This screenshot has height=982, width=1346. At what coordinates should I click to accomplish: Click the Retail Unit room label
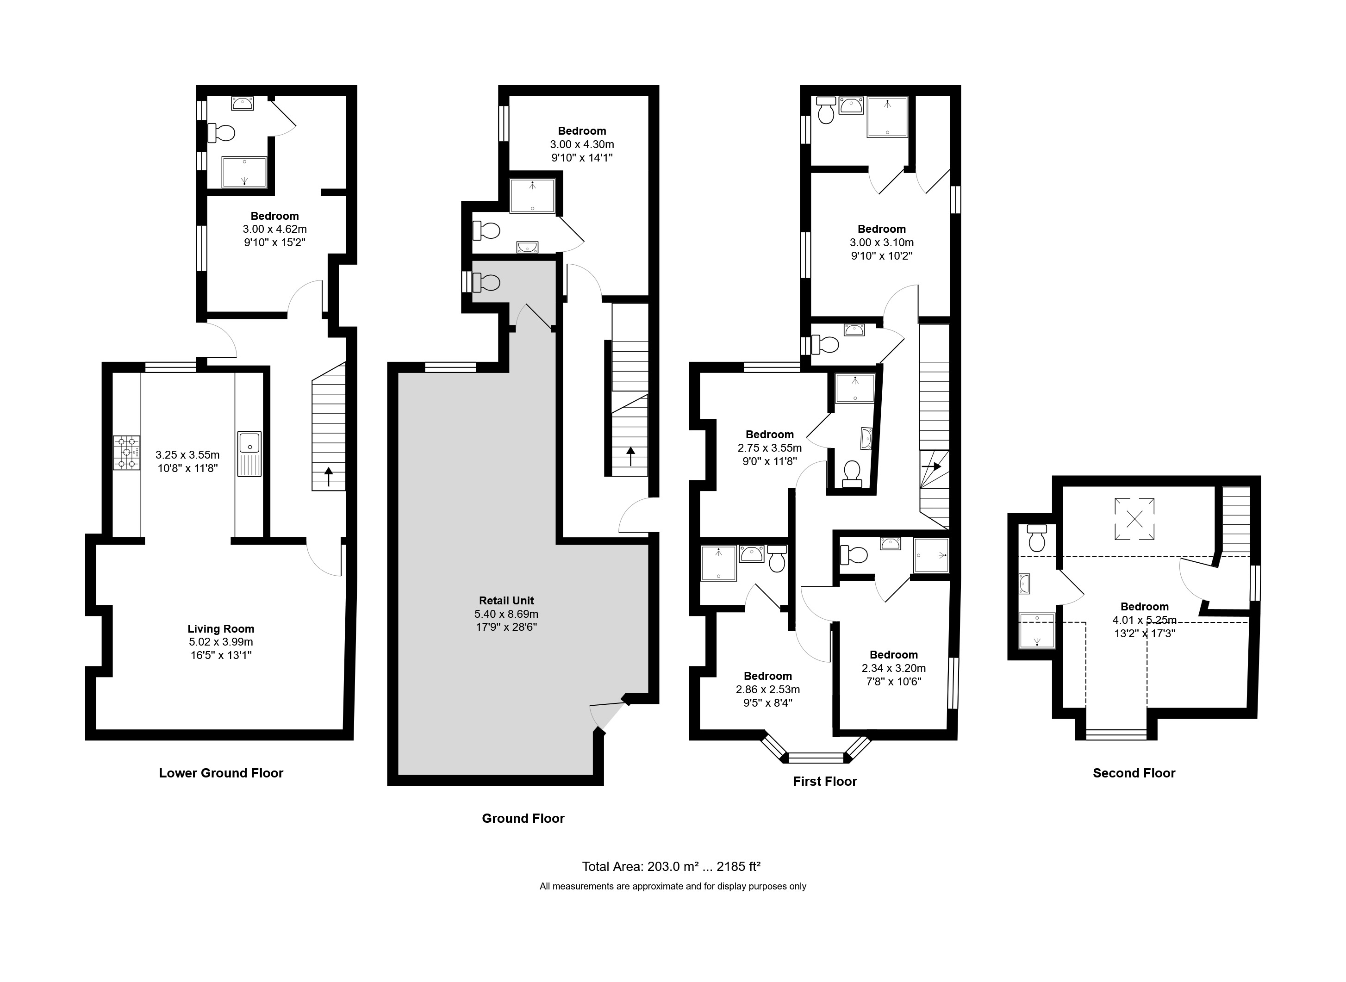coord(506,600)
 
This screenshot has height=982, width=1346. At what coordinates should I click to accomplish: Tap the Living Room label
coord(221,628)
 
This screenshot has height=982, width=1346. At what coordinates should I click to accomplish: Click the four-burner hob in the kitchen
coord(127,453)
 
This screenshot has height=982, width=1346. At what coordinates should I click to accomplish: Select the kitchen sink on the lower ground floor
coord(249,454)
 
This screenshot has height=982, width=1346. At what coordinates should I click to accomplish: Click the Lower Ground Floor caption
coord(221,773)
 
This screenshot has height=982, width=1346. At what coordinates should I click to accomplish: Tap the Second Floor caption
coord(1134,773)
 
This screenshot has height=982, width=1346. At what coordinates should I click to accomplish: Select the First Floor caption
coord(825,781)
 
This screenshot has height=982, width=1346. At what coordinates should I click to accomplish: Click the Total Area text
coord(671,866)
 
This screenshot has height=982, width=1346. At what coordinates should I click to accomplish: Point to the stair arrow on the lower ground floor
coord(328,477)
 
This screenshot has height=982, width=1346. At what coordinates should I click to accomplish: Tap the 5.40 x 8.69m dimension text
coord(506,614)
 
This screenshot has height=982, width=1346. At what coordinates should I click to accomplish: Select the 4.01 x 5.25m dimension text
coord(1145,620)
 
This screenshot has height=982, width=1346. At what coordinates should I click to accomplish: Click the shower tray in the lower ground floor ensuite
coord(244,172)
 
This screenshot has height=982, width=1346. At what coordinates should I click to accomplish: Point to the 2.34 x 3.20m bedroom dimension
coord(894,668)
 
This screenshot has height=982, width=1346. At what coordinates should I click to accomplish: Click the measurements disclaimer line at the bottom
coord(673,886)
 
